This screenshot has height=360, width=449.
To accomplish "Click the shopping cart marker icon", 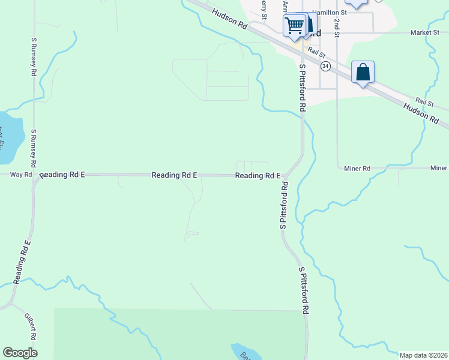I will (x=294, y=25).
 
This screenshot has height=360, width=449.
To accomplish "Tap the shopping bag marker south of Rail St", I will (x=363, y=73).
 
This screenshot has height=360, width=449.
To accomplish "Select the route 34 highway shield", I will (x=325, y=65).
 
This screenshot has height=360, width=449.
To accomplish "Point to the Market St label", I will (x=424, y=32).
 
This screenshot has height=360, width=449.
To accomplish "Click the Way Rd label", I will (x=20, y=175).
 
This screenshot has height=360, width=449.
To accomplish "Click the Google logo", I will (x=20, y=353).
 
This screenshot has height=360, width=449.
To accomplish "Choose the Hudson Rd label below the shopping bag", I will (x=421, y=112).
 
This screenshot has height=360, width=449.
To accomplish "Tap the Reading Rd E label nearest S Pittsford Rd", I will (x=258, y=176).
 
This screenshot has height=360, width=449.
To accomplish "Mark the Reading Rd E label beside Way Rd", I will (x=63, y=175).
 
